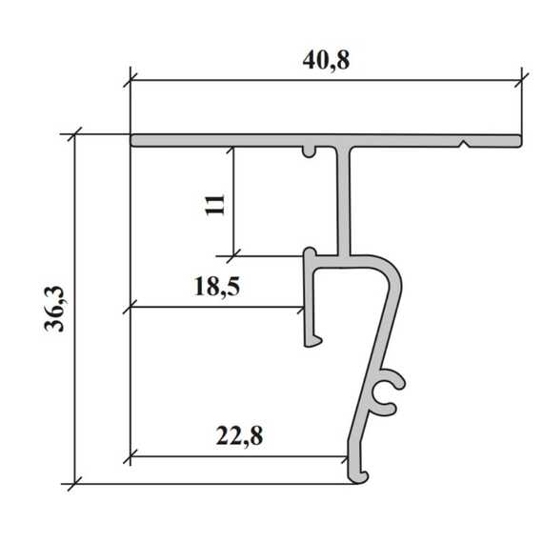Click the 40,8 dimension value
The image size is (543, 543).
pos(326,61)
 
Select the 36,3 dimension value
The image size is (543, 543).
pos(54,309)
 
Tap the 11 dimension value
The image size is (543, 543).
pos(214,205)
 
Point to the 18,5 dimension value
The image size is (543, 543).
pos(217,287)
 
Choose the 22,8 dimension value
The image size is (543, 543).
pos(239,435)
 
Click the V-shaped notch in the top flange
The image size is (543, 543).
pos(465,144)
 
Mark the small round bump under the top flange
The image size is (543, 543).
pos(310,151)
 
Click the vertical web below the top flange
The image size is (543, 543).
pos(344,201)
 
